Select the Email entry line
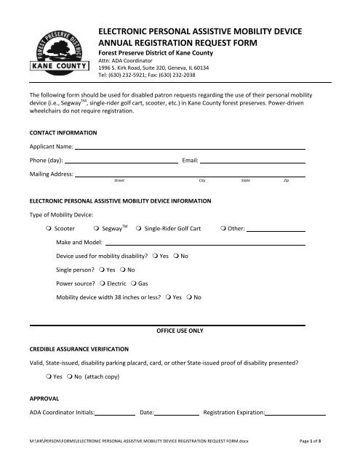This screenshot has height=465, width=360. click(252, 161)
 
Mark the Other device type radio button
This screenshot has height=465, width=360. click(221, 229)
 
